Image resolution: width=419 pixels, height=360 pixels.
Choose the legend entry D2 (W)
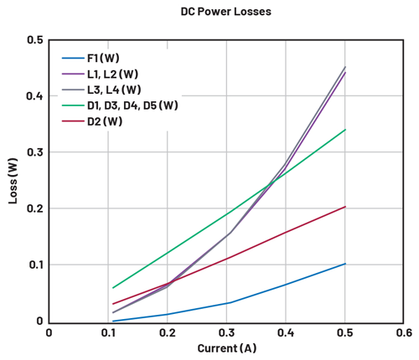click(x=106, y=121)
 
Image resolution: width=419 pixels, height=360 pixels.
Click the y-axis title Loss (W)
click(x=13, y=181)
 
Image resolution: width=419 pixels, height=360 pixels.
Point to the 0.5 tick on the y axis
click(x=34, y=39)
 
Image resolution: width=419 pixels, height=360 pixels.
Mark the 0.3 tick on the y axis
click(x=34, y=152)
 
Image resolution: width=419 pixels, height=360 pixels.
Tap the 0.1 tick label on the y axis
click(x=34, y=265)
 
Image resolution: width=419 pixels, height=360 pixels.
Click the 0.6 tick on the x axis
click(x=404, y=332)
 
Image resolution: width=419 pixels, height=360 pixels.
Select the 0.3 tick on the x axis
click(x=226, y=332)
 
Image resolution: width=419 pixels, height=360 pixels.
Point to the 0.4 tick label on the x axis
click(x=286, y=332)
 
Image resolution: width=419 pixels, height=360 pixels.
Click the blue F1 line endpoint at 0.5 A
click(x=345, y=264)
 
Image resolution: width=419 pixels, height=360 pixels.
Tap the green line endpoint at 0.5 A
click(x=345, y=130)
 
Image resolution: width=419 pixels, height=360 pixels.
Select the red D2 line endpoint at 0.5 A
click(x=345, y=207)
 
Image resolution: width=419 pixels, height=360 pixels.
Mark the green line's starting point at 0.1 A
click(x=113, y=287)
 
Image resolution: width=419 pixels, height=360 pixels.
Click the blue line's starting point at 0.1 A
click(x=113, y=321)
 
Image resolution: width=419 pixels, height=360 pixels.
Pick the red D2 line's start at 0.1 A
click(x=113, y=304)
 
